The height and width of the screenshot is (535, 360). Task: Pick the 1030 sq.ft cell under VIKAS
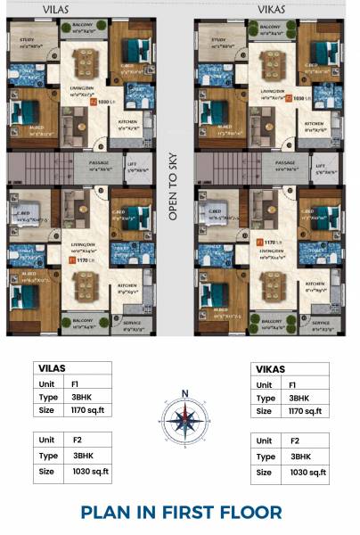303,472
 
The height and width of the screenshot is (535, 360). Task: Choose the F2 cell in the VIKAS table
303,441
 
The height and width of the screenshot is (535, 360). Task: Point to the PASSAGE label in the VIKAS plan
285,163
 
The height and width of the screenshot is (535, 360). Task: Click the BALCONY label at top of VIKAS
271,28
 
